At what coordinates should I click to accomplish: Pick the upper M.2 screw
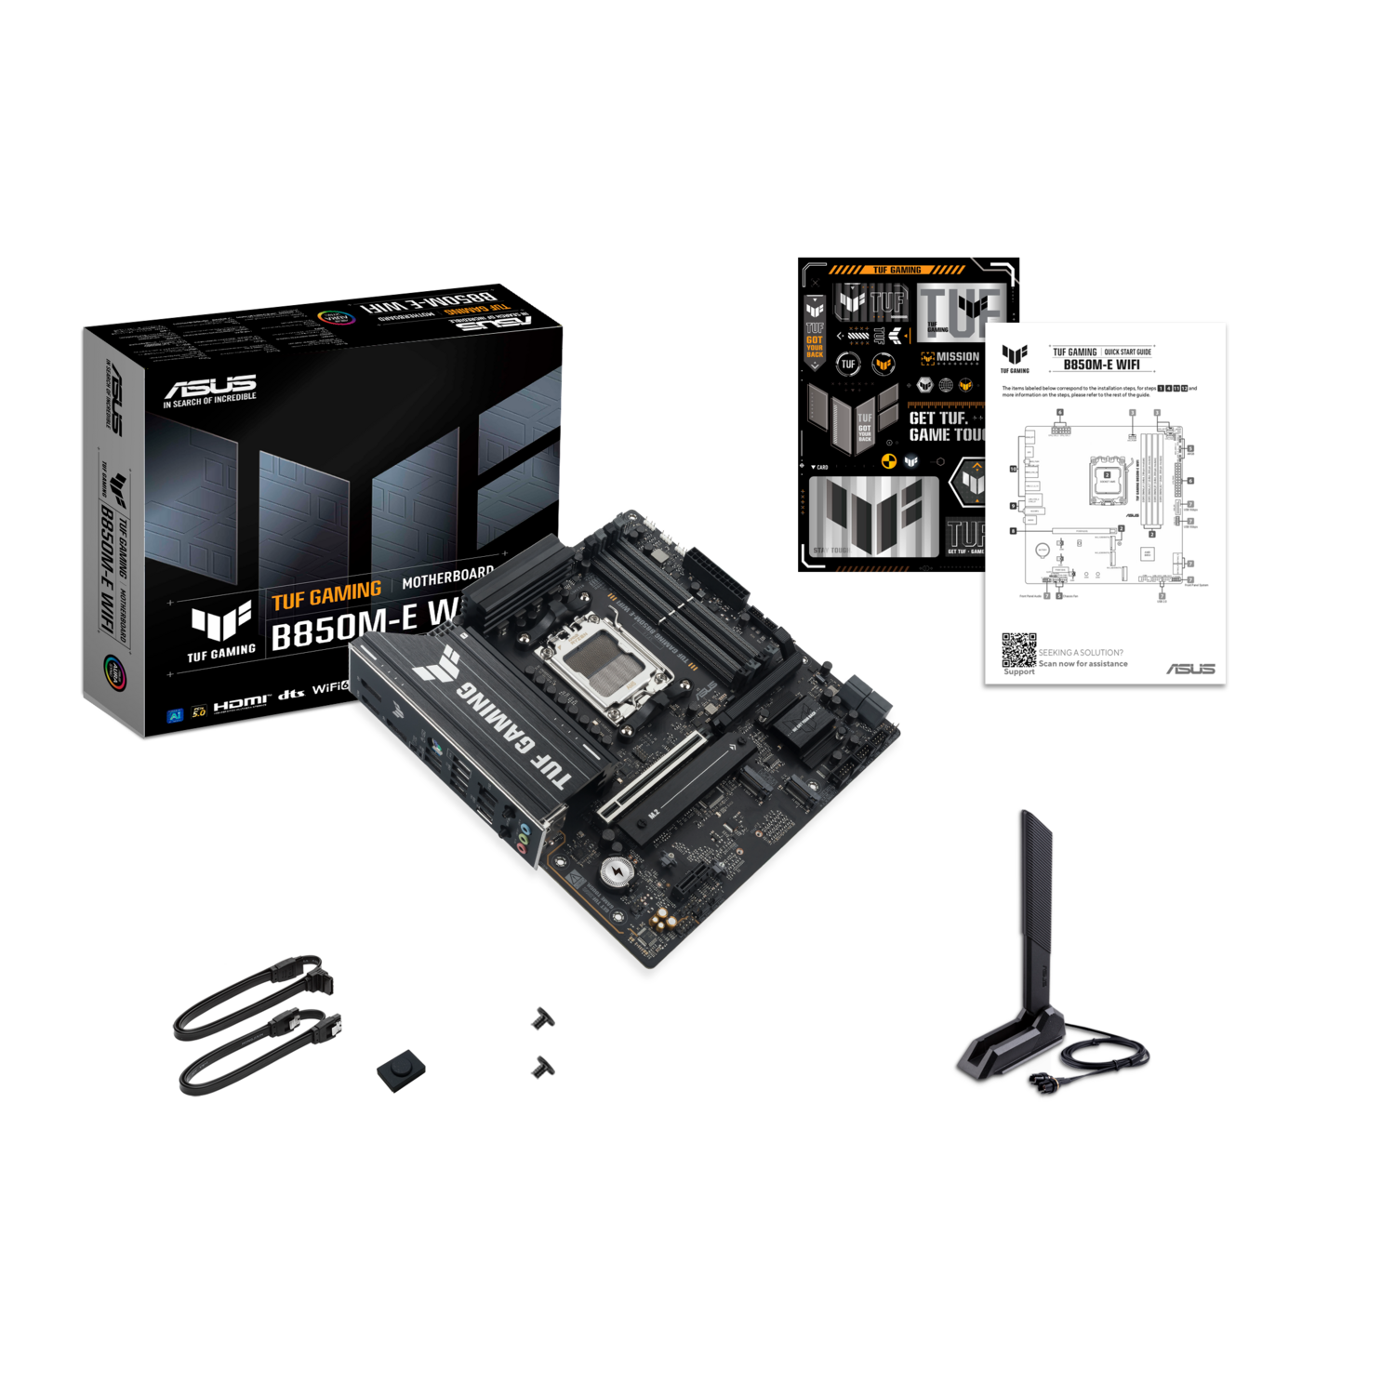point(538,1019)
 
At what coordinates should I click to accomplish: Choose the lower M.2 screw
point(538,1067)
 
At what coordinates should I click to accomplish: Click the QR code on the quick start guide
point(1018,650)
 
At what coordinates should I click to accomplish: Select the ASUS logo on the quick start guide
point(1190,669)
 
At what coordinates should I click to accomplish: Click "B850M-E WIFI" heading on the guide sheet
point(1101,365)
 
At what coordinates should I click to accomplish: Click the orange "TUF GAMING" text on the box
point(326,594)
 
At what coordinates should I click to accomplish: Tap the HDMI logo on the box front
point(241,702)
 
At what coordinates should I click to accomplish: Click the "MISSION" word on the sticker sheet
point(957,357)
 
